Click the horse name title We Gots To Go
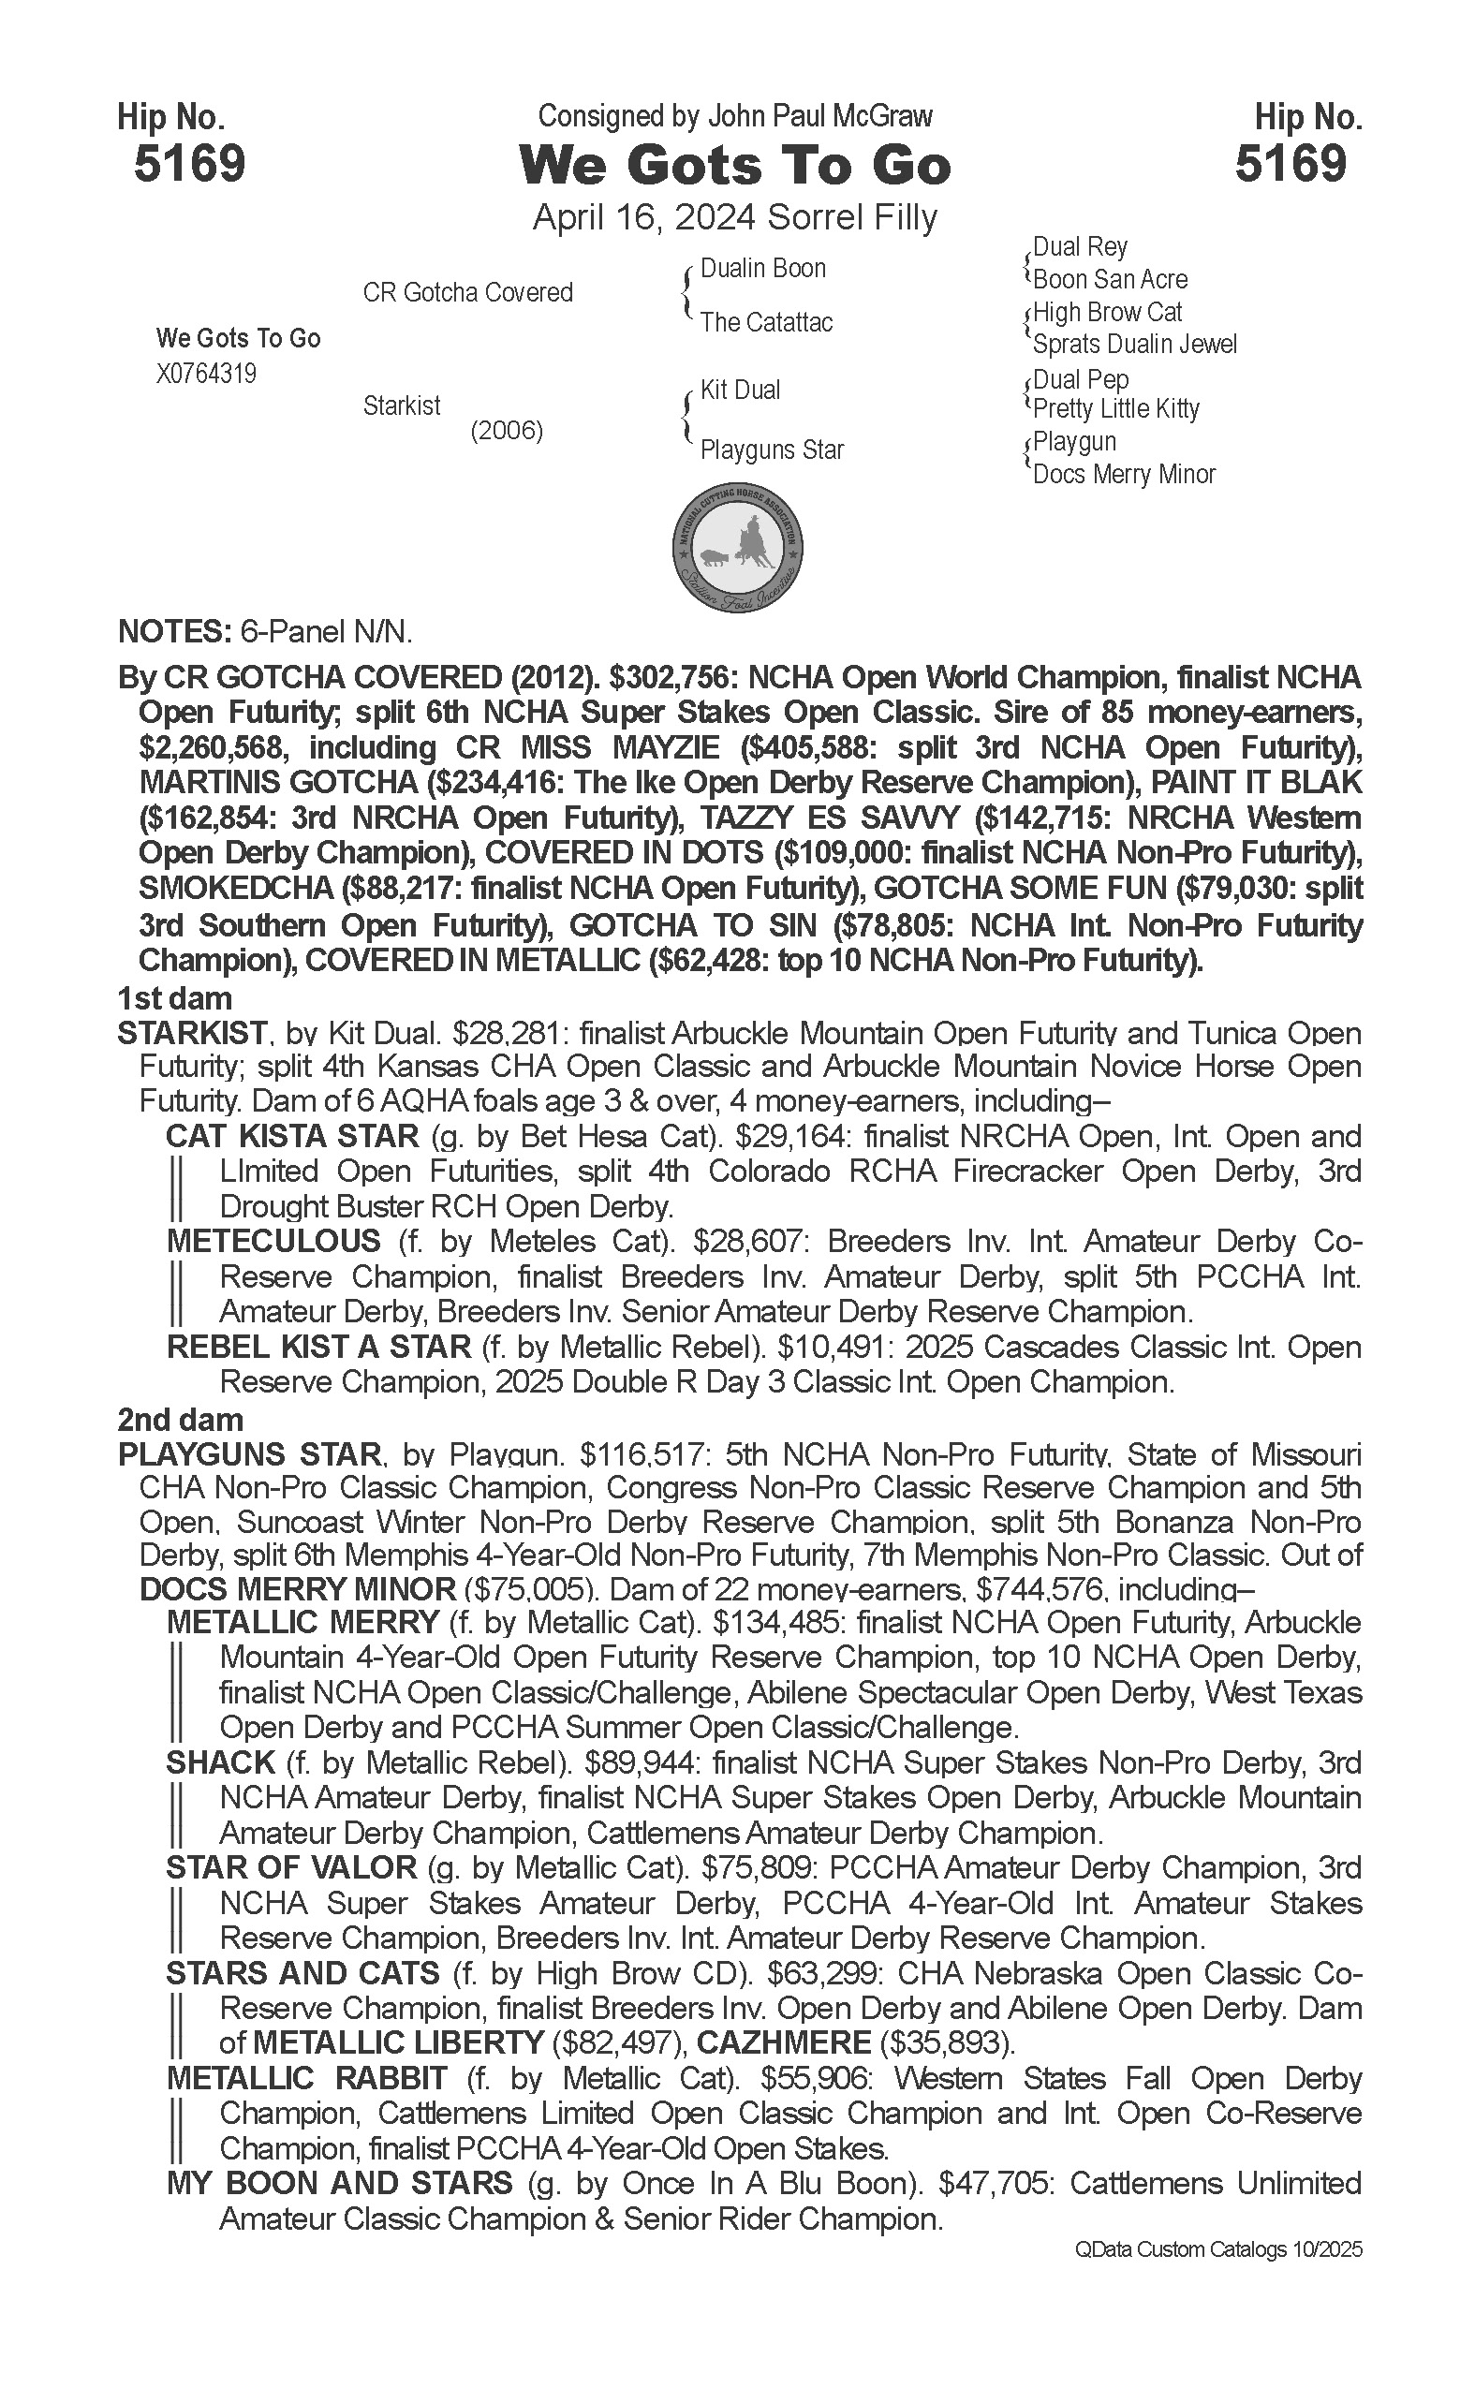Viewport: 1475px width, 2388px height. pos(735,165)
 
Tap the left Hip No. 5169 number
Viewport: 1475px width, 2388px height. pos(189,163)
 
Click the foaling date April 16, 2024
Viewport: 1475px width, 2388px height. pos(645,216)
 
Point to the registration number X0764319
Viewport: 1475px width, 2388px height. pos(206,374)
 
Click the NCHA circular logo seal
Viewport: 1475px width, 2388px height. pos(738,546)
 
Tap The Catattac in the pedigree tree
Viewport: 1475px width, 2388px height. pos(766,322)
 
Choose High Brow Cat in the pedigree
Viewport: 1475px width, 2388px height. pos(1107,312)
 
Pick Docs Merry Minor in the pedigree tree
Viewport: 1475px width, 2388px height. pos(1124,474)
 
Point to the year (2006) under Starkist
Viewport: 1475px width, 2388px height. pos(507,430)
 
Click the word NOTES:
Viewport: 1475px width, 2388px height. pos(171,632)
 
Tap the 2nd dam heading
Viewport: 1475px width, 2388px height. pos(181,1420)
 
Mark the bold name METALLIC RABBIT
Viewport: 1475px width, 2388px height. pos(307,2079)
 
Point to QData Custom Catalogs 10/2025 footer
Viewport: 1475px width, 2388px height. pos(1218,2249)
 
